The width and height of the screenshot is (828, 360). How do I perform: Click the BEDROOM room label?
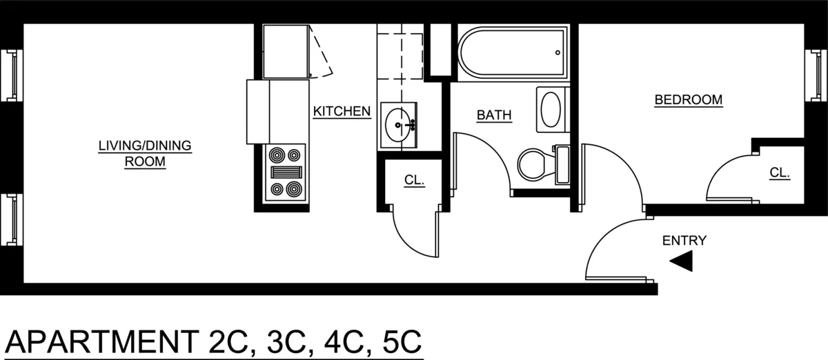(x=688, y=100)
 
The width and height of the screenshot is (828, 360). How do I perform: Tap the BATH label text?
(x=494, y=115)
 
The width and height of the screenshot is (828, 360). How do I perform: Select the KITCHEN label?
(x=342, y=111)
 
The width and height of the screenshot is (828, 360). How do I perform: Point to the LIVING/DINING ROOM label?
(x=144, y=154)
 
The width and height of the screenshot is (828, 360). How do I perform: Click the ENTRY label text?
(x=684, y=241)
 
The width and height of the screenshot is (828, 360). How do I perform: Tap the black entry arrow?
(x=682, y=261)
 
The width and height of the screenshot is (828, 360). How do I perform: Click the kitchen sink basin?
(x=398, y=126)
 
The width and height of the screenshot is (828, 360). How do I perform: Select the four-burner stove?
(x=286, y=172)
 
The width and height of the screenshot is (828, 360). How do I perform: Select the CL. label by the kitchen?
(x=414, y=180)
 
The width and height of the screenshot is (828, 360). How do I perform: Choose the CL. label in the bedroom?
(x=780, y=173)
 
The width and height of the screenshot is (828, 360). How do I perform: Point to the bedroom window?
(x=815, y=74)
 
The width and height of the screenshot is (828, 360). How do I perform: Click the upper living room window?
(x=12, y=74)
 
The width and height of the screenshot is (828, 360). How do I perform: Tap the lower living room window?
(x=12, y=219)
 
